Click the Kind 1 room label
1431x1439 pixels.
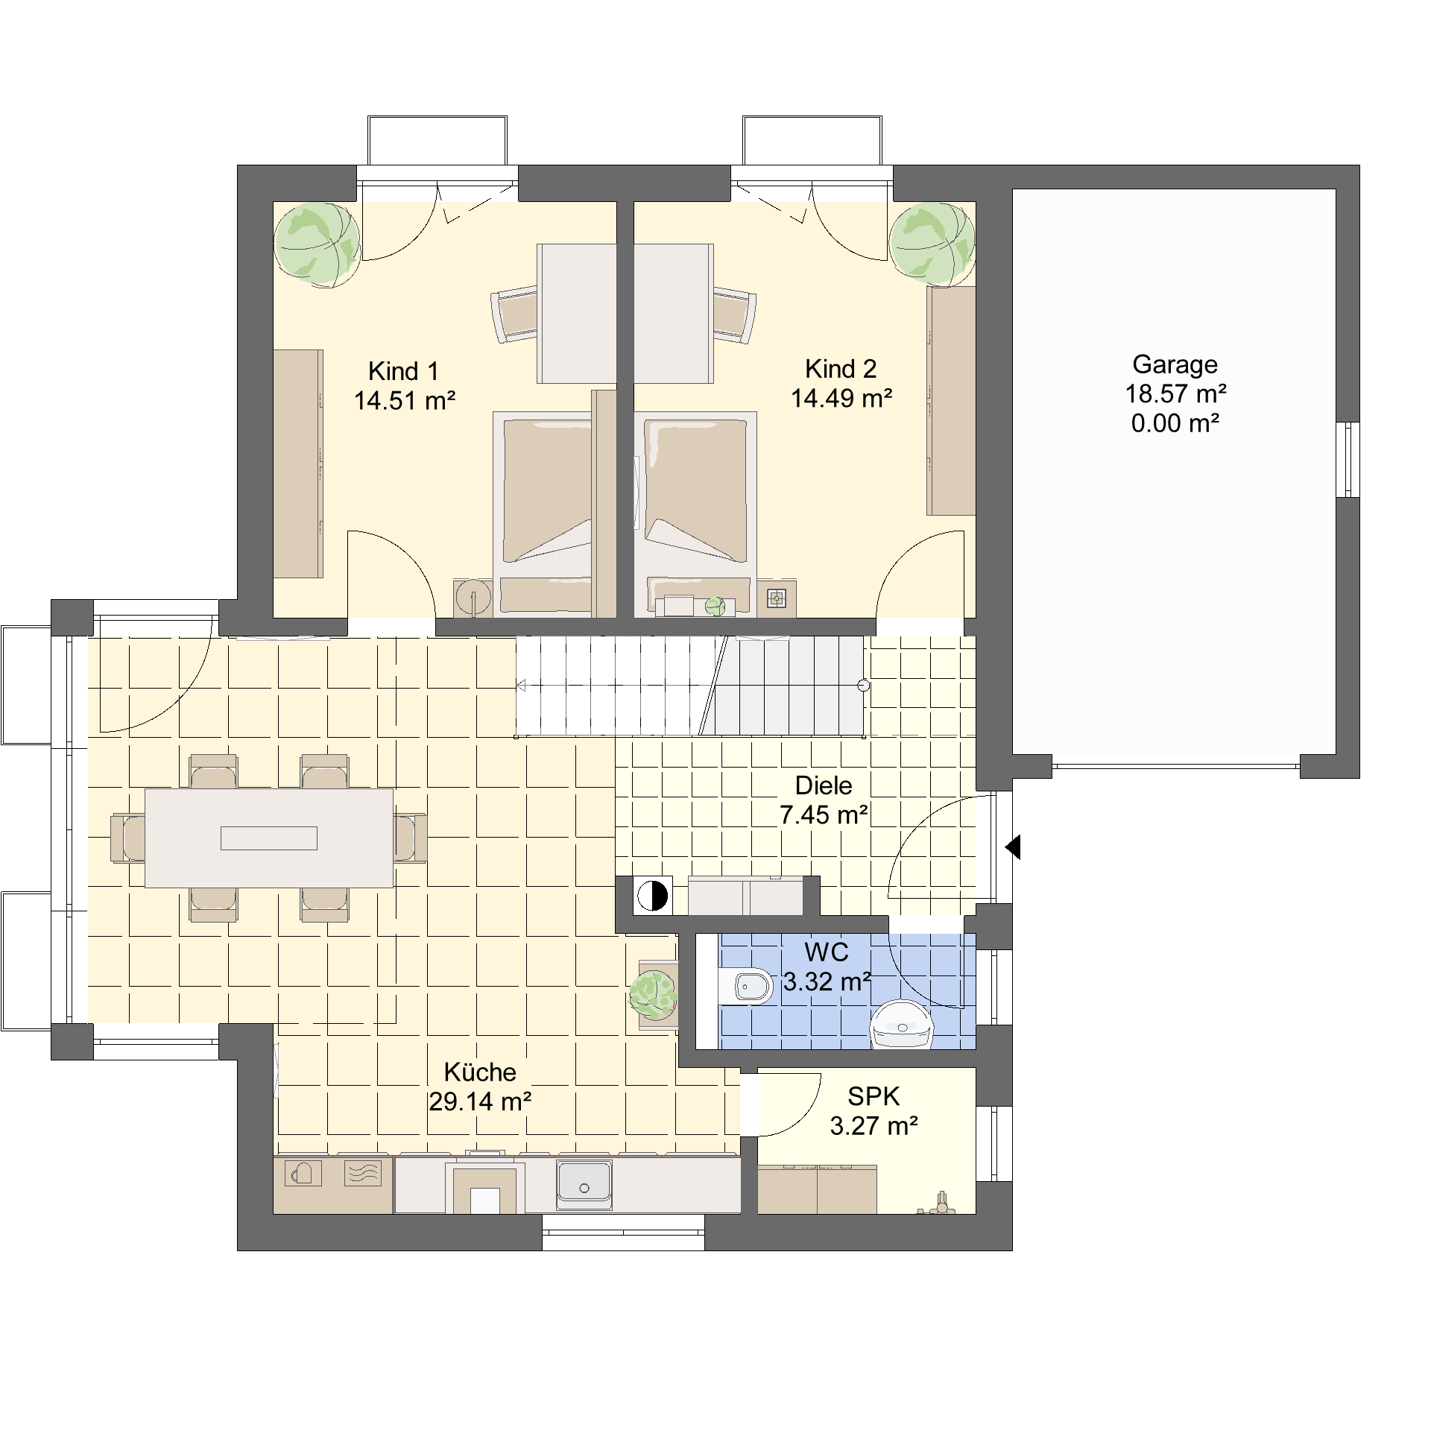403,371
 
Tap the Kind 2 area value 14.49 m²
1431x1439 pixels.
841,399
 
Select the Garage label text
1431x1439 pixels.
1175,365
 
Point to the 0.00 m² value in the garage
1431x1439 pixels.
1175,423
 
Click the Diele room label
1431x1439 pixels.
824,785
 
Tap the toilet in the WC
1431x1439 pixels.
746,987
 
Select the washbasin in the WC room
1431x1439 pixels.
902,1025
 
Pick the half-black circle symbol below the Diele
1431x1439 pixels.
652,896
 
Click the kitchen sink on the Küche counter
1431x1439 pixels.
584,1186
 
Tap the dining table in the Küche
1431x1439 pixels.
269,838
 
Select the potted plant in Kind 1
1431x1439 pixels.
317,244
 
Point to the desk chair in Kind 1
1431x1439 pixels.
514,314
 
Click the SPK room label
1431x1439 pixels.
874,1096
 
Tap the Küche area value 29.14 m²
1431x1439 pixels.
480,1101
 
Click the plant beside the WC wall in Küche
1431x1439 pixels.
654,995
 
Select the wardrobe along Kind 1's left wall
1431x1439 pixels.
298,464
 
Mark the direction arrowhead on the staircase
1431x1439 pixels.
521,686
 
